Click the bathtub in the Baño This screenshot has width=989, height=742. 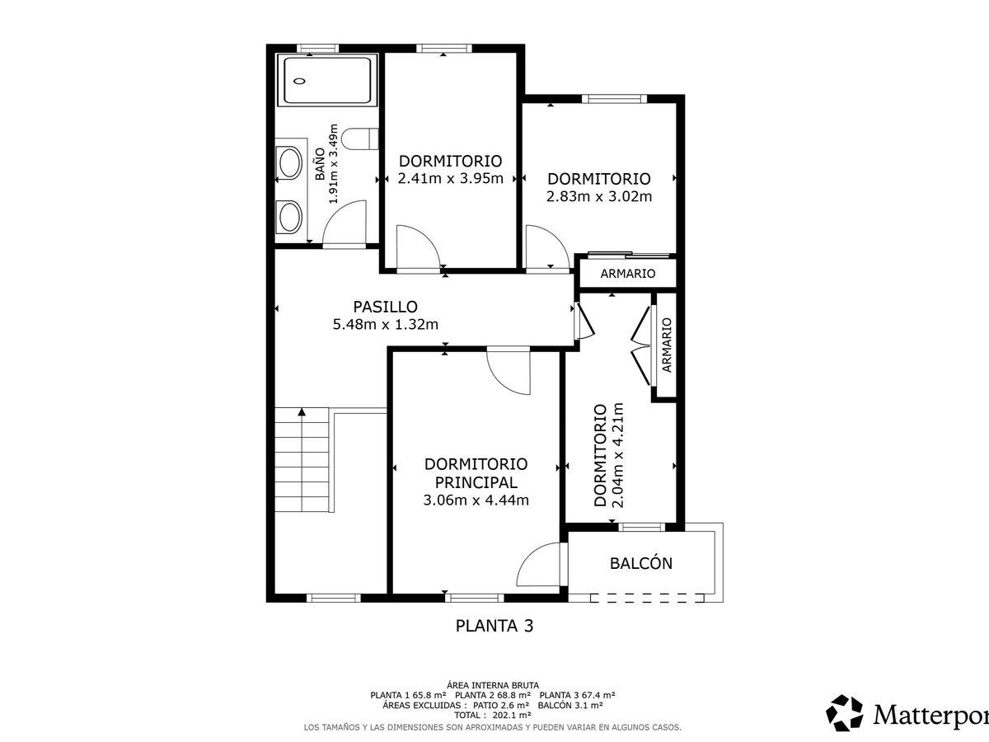327,81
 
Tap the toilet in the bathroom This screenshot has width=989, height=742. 360,139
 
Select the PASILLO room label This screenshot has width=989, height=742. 385,307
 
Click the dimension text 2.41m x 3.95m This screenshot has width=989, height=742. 451,178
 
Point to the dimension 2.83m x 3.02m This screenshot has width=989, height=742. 599,196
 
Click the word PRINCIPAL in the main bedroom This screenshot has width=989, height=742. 476,482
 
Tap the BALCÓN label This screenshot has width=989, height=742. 640,563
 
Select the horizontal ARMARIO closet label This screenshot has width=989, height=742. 628,274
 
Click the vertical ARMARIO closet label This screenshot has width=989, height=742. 667,345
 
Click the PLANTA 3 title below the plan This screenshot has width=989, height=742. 494,626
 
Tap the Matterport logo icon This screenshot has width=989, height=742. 844,712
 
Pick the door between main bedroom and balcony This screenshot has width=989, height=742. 538,564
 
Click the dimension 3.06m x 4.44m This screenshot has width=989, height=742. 476,500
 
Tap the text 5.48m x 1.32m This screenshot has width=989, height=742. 385,324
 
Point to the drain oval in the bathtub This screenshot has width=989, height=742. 299,81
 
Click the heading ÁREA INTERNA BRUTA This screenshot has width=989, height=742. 493,686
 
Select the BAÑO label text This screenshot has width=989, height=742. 320,164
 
